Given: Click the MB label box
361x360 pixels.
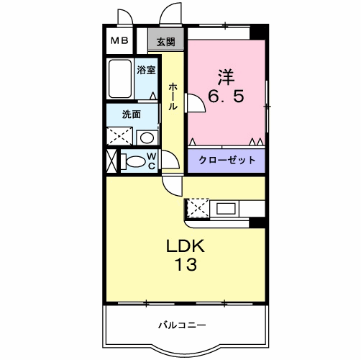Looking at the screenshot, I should [119, 41].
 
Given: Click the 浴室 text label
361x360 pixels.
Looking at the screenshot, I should [147, 70].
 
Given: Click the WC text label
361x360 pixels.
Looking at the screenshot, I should [152, 160].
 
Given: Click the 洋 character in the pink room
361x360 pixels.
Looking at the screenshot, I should [226, 76].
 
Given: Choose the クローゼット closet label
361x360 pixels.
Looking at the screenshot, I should [227, 160].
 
